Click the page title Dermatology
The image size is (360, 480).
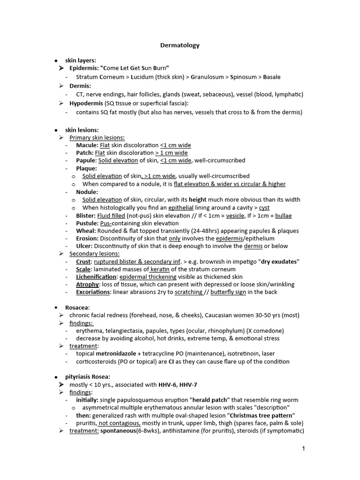[180, 45]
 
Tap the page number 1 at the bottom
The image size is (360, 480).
[303, 449]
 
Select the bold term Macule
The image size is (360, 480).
[87, 145]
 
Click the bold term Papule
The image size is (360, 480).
[86, 160]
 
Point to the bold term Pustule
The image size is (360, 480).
[87, 223]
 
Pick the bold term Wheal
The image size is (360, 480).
[86, 231]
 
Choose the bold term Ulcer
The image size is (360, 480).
[84, 246]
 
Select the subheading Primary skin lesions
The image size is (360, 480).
[97, 137]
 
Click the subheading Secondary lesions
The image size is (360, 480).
[94, 254]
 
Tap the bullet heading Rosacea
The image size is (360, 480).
[81, 307]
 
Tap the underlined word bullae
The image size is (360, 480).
[283, 216]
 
